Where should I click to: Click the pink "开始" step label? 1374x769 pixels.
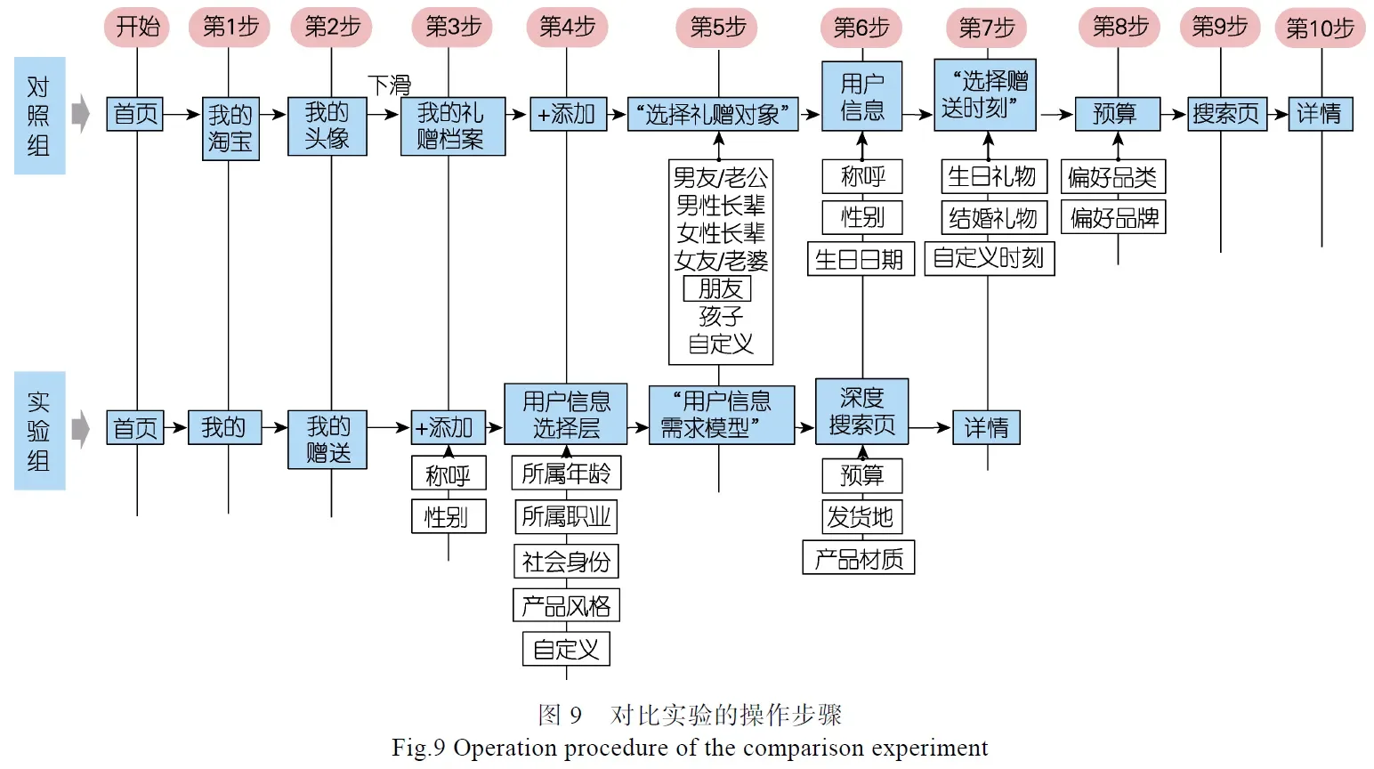137,27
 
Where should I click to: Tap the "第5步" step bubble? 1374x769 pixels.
718,28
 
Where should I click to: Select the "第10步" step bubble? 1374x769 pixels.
1320,28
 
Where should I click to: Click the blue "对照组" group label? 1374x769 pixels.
39,116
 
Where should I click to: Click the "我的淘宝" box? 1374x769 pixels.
230,128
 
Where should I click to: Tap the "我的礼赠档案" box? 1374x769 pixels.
452,126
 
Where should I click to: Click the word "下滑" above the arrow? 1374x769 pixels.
390,85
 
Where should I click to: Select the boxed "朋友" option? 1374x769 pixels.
717,288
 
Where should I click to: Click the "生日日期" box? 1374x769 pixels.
860,259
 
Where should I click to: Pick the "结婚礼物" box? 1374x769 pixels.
993,218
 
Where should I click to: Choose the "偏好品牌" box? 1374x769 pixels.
1113,218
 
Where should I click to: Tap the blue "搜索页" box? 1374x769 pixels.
1226,114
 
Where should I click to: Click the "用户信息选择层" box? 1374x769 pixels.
566,415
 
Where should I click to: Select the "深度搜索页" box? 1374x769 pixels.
861,411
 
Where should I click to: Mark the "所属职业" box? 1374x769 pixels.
566,516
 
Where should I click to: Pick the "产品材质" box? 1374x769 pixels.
858,558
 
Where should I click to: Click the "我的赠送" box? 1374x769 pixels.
327,440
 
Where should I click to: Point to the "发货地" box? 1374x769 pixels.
861,516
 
